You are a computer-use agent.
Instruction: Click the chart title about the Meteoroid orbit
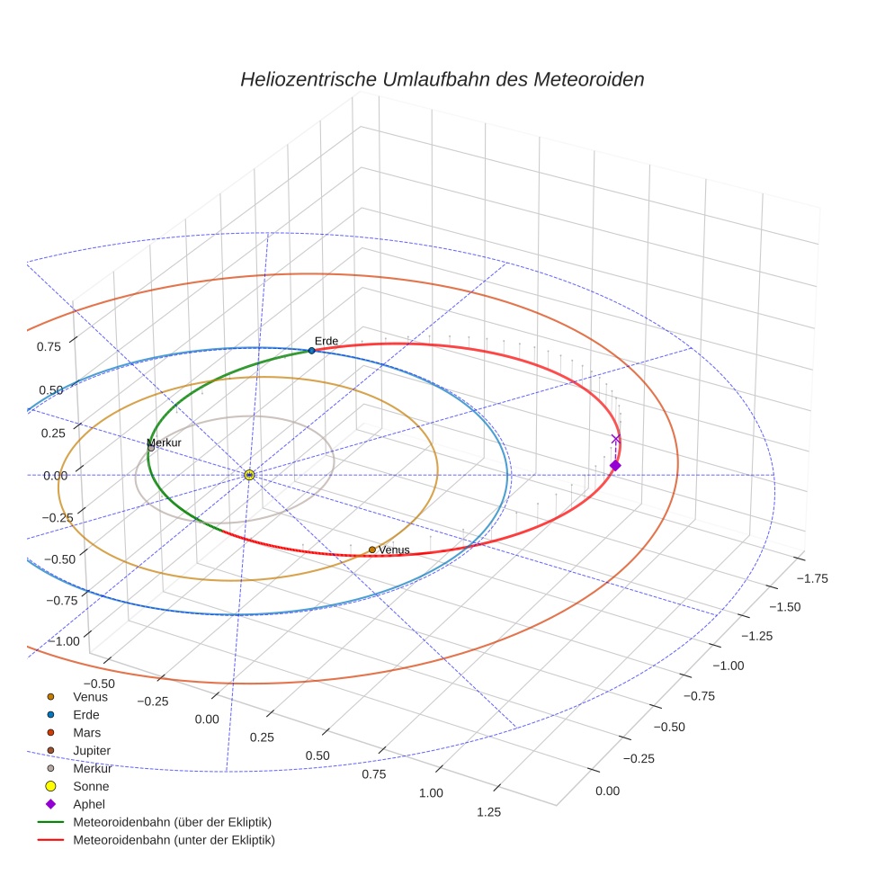[442, 79]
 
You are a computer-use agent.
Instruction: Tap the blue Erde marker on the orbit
[311, 350]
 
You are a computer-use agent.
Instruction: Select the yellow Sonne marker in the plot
[249, 474]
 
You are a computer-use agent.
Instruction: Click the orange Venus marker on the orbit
[371, 550]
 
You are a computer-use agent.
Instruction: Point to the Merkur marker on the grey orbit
[151, 448]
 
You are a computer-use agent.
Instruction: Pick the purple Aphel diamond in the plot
[615, 465]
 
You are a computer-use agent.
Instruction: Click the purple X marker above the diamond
[616, 439]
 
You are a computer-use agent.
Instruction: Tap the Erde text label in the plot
[326, 340]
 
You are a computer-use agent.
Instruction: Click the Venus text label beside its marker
[394, 550]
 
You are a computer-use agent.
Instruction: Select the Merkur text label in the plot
[165, 442]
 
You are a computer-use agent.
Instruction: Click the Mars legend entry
[86, 732]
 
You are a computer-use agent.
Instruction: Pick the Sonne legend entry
[91, 786]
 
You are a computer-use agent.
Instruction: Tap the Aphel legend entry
[89, 804]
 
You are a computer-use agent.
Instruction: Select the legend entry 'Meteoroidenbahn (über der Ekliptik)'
[172, 822]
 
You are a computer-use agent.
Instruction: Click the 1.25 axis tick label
[488, 812]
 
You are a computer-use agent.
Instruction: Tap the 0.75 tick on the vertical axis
[49, 346]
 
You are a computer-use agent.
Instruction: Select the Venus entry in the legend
[90, 696]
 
